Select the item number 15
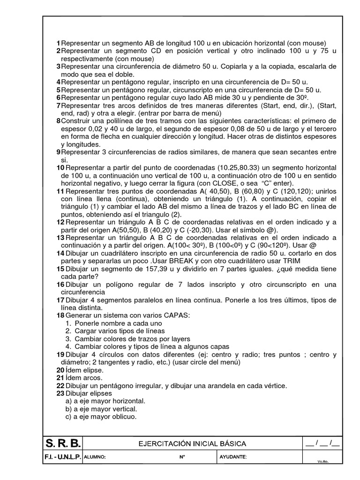(x=60, y=269)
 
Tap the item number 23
(x=60, y=393)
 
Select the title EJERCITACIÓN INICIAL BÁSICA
(x=192, y=443)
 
